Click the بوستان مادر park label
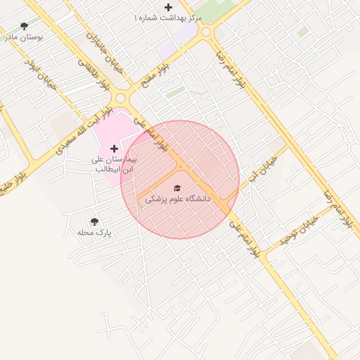pos(25,37)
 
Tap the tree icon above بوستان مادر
pos(25,27)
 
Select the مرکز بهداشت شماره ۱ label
pos(169,16)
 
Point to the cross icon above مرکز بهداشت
pos(167,7)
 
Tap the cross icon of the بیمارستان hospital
pos(115,149)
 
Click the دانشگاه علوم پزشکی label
pos(178,200)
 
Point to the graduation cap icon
pos(178,188)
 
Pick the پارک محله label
pos(95,231)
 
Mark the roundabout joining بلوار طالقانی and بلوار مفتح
pos(121,98)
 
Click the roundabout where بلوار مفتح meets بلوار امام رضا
pos(206,32)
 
